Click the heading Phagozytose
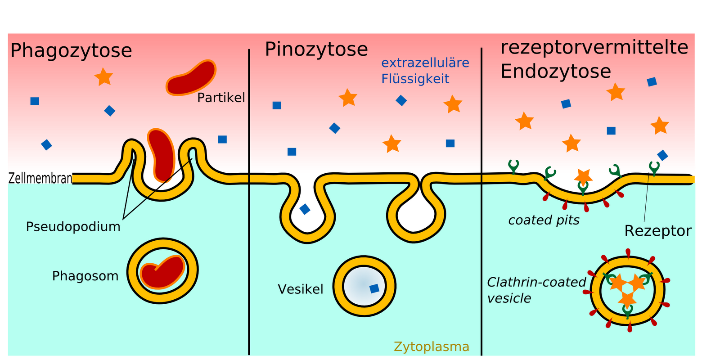[x=71, y=50]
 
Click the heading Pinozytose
[x=316, y=49]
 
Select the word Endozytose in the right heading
[x=556, y=71]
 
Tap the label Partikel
[x=221, y=98]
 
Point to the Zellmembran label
[x=40, y=179]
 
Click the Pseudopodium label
[x=73, y=226]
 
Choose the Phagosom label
[x=85, y=276]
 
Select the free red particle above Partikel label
[x=191, y=78]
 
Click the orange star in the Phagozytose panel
[x=103, y=77]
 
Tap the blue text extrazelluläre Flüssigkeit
[x=425, y=71]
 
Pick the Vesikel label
[x=300, y=289]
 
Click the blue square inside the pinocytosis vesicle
[x=374, y=288]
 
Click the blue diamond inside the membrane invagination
[x=305, y=209]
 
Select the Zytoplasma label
[x=431, y=346]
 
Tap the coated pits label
[x=544, y=220]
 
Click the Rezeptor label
[x=657, y=231]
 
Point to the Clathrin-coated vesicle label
[x=535, y=290]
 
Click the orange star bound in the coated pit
[x=583, y=176]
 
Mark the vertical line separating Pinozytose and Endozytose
[x=481, y=202]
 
